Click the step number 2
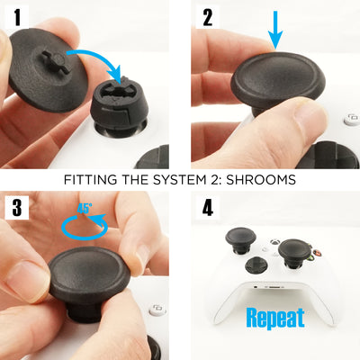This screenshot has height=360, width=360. coord(208,17)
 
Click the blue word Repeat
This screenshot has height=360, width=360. coord(274,317)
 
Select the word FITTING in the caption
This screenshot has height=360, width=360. coord(92,178)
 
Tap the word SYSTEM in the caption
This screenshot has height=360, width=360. coord(183,178)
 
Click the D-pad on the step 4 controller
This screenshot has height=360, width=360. coord(261,266)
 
